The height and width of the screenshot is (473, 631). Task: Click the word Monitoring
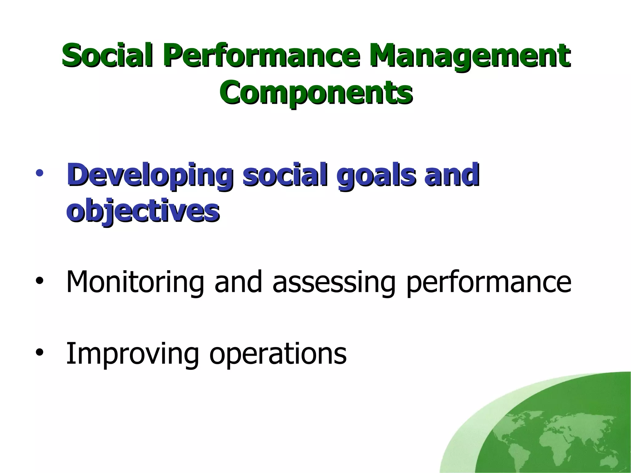point(135,283)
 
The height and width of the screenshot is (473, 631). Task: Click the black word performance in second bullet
point(488,283)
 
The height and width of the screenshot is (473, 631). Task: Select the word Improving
point(132,354)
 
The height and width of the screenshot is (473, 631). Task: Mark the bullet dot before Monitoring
point(39,281)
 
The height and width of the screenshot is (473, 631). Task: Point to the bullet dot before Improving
point(39,353)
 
